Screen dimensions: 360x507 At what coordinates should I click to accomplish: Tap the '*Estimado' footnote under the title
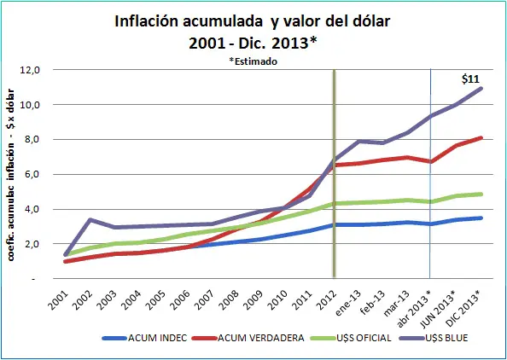[253, 61]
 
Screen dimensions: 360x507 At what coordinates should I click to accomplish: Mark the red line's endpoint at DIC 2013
[482, 137]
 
